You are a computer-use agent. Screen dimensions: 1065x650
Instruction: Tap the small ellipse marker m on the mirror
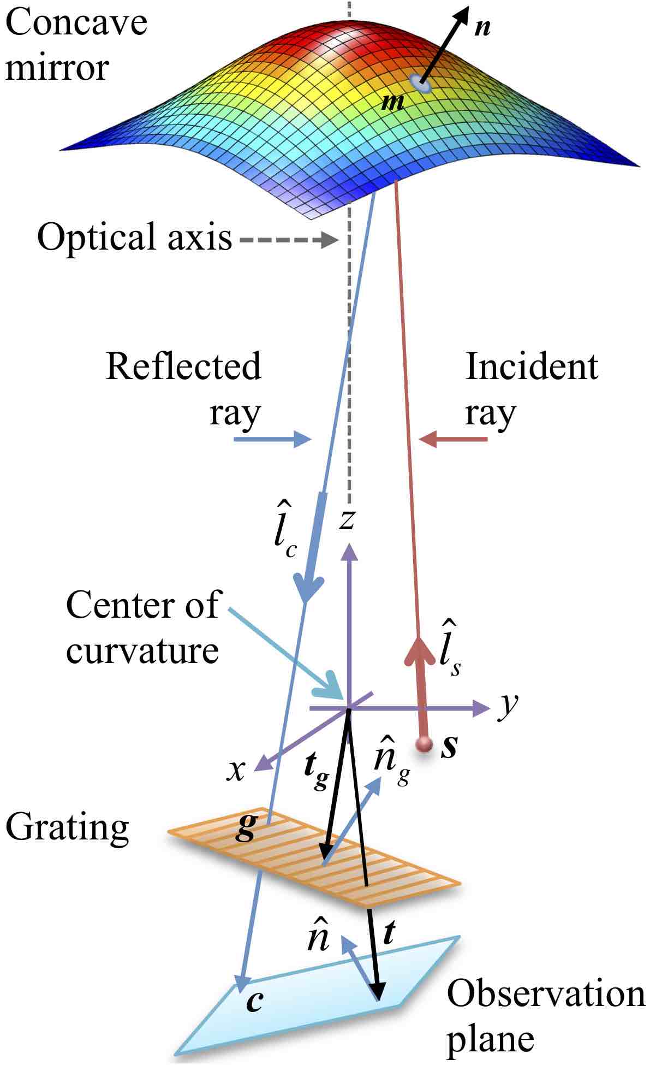[420, 84]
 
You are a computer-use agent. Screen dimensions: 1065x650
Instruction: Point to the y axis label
[508, 706]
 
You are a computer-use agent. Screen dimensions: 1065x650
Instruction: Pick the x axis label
[236, 770]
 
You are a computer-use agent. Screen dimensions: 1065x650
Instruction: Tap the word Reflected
[183, 366]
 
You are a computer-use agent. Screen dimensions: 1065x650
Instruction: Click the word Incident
[532, 366]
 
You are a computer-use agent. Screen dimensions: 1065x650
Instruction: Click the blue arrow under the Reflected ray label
[272, 439]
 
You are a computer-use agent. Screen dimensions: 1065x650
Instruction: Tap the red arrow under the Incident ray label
[453, 439]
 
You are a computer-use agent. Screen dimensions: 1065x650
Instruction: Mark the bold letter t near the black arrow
[389, 933]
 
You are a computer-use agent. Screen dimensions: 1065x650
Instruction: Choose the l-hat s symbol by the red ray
[450, 650]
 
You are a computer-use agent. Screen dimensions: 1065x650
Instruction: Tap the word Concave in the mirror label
[76, 23]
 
